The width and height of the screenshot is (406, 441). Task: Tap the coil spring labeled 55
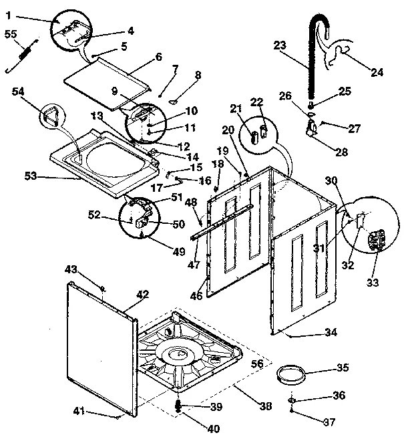pos(23,53)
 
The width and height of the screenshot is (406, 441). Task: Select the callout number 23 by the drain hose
pos(280,46)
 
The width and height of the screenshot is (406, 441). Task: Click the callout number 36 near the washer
pos(339,396)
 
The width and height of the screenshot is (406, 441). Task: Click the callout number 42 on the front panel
pos(143,294)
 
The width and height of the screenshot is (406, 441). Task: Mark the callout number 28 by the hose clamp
pos(341,152)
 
